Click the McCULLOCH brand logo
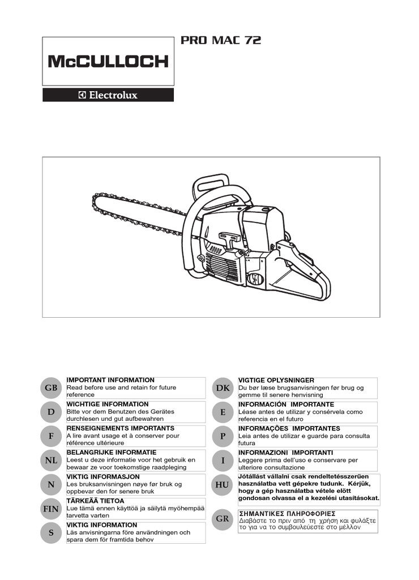coord(108,61)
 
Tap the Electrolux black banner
coord(108,95)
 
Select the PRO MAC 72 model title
coord(221,40)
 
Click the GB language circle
coord(51,387)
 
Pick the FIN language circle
coord(51,509)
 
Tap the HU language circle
coord(223,485)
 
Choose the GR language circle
coord(223,519)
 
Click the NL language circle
coord(51,460)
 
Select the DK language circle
coord(223,388)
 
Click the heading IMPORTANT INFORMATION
coord(110,380)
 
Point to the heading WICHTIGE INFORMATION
coord(108,404)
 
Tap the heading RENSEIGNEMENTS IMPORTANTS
coord(121,428)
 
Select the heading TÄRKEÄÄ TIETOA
coord(96,501)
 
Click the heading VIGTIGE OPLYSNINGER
coord(276,381)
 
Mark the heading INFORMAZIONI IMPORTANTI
coord(285,453)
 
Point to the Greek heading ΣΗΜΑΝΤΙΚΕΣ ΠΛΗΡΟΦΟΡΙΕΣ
coord(287,514)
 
